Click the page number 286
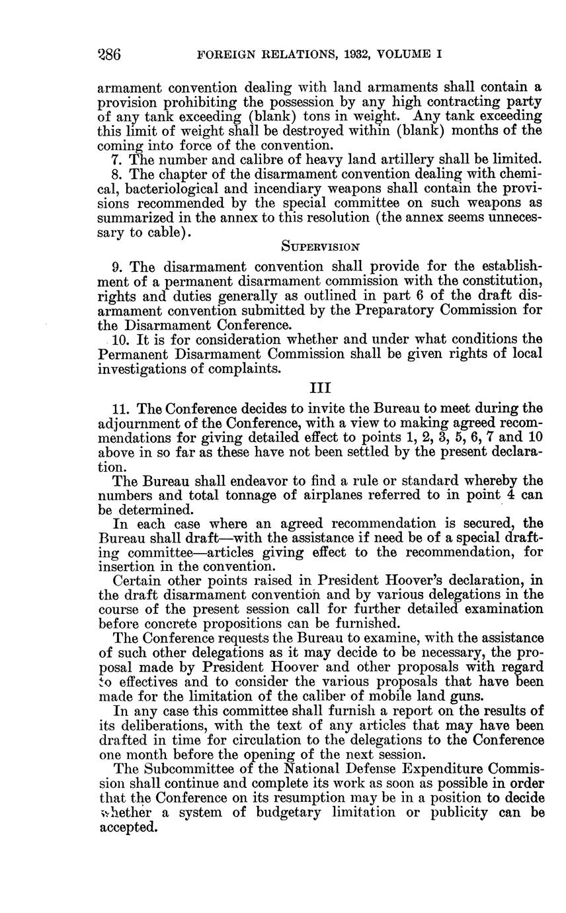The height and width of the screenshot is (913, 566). pyautogui.click(x=108, y=54)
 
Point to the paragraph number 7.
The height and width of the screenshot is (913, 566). pyautogui.click(x=118, y=159)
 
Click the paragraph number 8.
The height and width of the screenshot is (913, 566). pyautogui.click(x=118, y=174)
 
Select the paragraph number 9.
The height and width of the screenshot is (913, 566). pyautogui.click(x=118, y=267)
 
